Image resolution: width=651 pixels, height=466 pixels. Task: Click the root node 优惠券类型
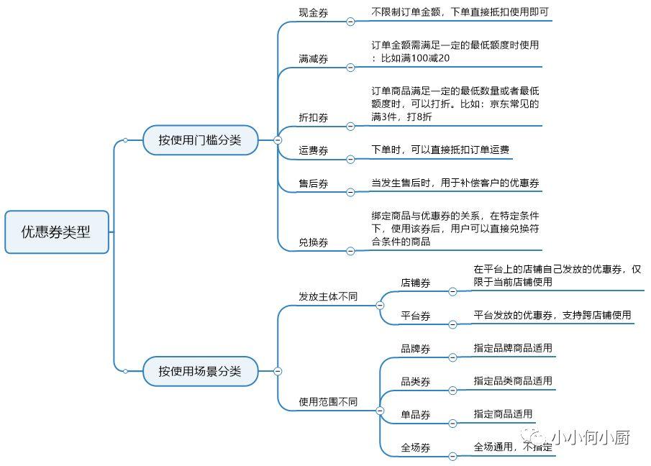point(57,232)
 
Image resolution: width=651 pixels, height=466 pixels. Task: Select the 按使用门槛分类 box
point(200,140)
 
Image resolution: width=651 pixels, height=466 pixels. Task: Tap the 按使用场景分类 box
point(200,371)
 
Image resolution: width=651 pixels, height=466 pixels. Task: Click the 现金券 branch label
point(314,13)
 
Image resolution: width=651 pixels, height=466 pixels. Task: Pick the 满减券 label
point(314,59)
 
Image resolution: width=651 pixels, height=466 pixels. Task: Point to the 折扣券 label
point(314,118)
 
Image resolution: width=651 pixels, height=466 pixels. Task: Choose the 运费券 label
point(314,150)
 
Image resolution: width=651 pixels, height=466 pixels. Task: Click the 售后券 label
point(314,184)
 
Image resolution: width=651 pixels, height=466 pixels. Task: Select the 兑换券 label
point(314,242)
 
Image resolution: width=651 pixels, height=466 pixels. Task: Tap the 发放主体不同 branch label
point(328,297)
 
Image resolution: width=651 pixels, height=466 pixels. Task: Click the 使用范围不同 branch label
point(328,402)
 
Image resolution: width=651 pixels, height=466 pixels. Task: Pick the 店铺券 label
point(416,283)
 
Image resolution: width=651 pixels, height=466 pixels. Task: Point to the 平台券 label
point(416,316)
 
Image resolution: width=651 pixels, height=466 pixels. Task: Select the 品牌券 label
point(416,349)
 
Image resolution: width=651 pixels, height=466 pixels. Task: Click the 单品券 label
point(416,415)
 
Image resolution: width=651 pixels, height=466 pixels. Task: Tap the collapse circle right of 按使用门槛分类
point(278,140)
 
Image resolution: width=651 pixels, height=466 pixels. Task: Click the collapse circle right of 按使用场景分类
point(278,371)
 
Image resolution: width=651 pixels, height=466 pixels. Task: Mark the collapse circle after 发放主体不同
point(380,306)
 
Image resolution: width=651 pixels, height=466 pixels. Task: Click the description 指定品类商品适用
point(513,381)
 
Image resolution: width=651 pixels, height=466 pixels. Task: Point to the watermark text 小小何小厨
point(591,437)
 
